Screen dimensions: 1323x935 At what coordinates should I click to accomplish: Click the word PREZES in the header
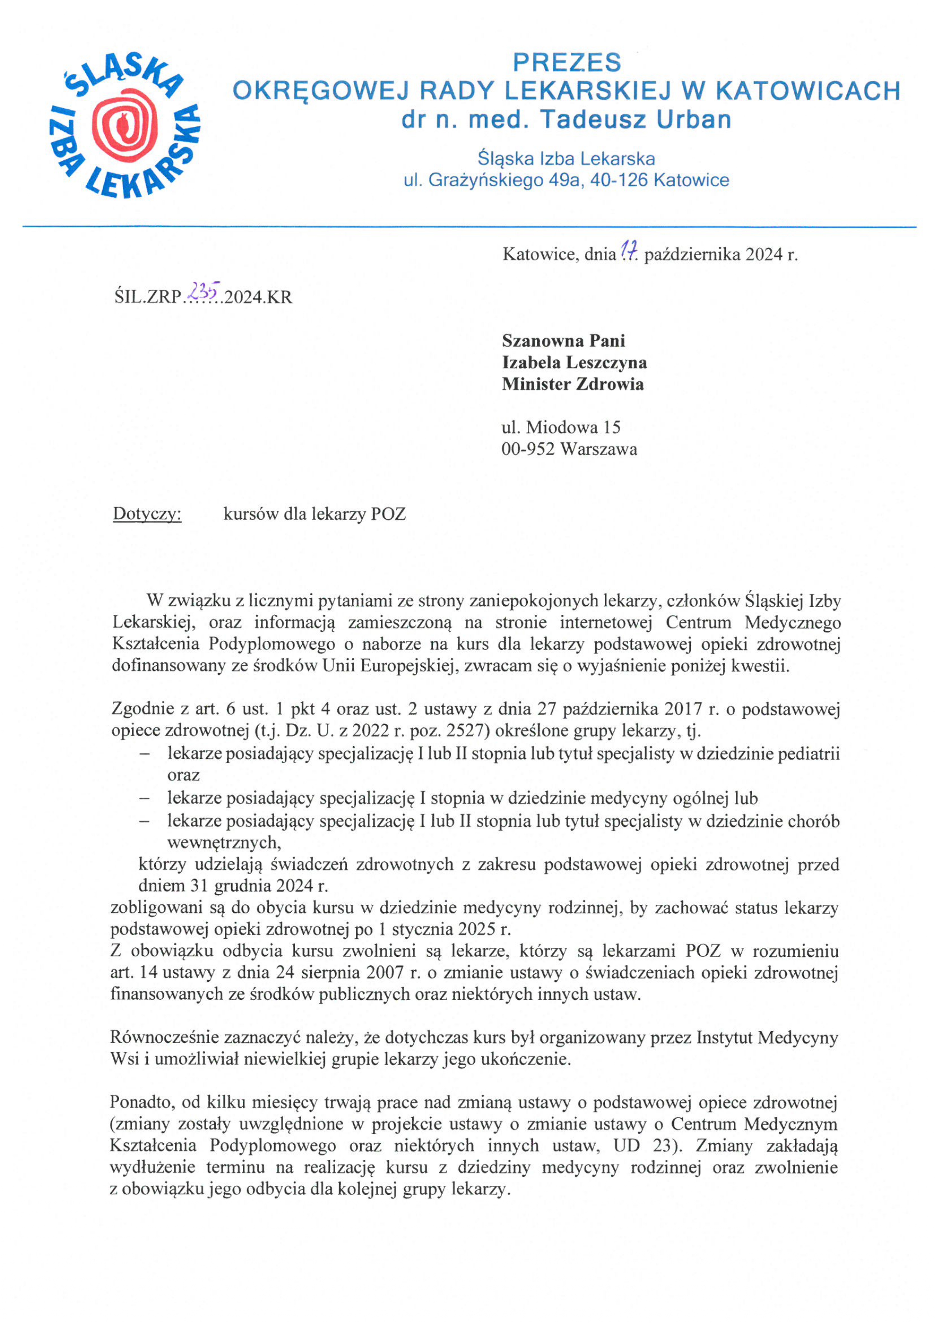[x=567, y=62]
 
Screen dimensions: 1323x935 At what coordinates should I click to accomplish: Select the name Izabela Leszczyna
[x=574, y=362]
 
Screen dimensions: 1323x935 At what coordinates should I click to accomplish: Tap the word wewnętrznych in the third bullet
[x=224, y=843]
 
